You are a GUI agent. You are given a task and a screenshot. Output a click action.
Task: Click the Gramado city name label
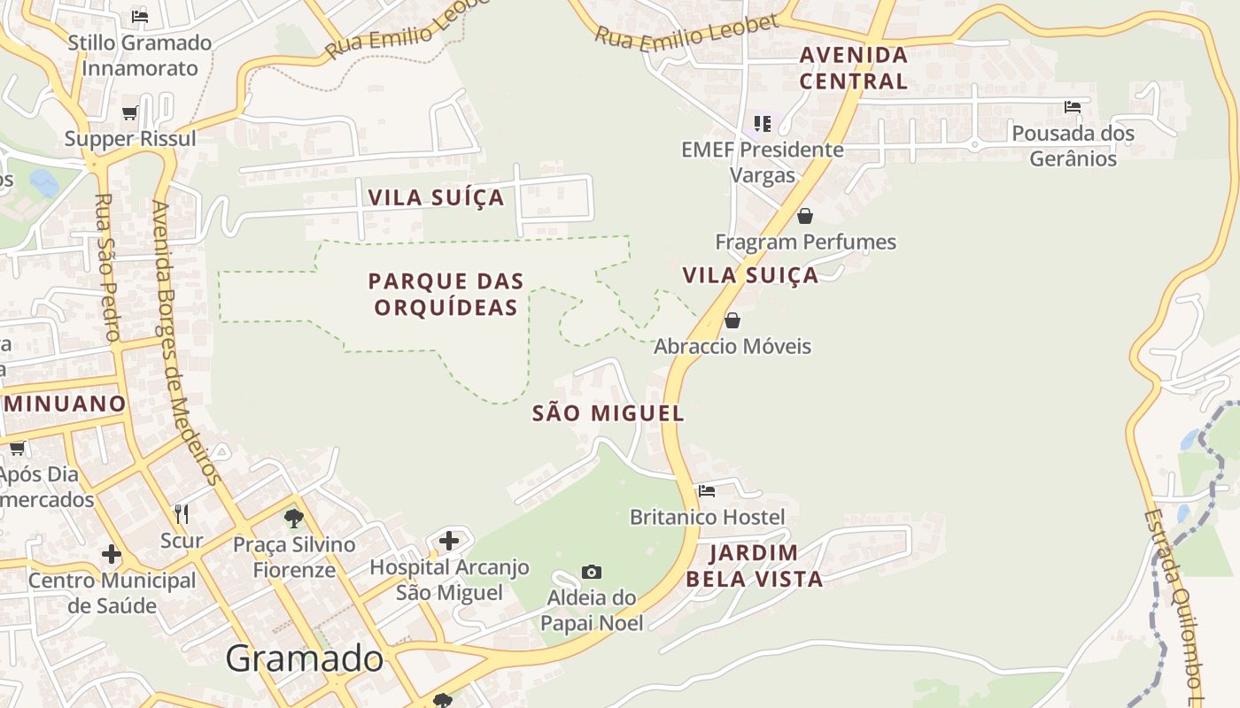304,658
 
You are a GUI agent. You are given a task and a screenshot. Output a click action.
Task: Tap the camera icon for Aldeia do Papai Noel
592,573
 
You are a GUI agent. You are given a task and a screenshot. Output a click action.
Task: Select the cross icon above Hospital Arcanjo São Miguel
449,540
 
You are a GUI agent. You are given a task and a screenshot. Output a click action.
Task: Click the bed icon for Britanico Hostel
707,490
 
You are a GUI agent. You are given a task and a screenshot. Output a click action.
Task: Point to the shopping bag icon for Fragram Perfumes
805,216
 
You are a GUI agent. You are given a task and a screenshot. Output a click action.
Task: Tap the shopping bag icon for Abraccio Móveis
732,320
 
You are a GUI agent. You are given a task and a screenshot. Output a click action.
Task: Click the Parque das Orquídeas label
446,294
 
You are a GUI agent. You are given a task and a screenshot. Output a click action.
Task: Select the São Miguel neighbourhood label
608,413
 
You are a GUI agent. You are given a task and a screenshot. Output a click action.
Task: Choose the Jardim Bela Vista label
754,566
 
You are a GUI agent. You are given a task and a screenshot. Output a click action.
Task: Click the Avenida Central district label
854,68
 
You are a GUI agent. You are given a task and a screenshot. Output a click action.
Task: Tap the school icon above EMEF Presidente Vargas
763,123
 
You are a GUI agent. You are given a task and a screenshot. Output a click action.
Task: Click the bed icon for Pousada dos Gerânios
1073,107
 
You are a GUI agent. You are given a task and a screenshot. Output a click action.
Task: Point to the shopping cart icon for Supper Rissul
130,112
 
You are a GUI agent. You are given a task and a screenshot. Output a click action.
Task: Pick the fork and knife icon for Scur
182,513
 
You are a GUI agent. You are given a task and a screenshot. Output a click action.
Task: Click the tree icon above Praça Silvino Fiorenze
294,518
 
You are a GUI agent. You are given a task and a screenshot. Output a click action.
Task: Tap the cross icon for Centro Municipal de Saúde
112,554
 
